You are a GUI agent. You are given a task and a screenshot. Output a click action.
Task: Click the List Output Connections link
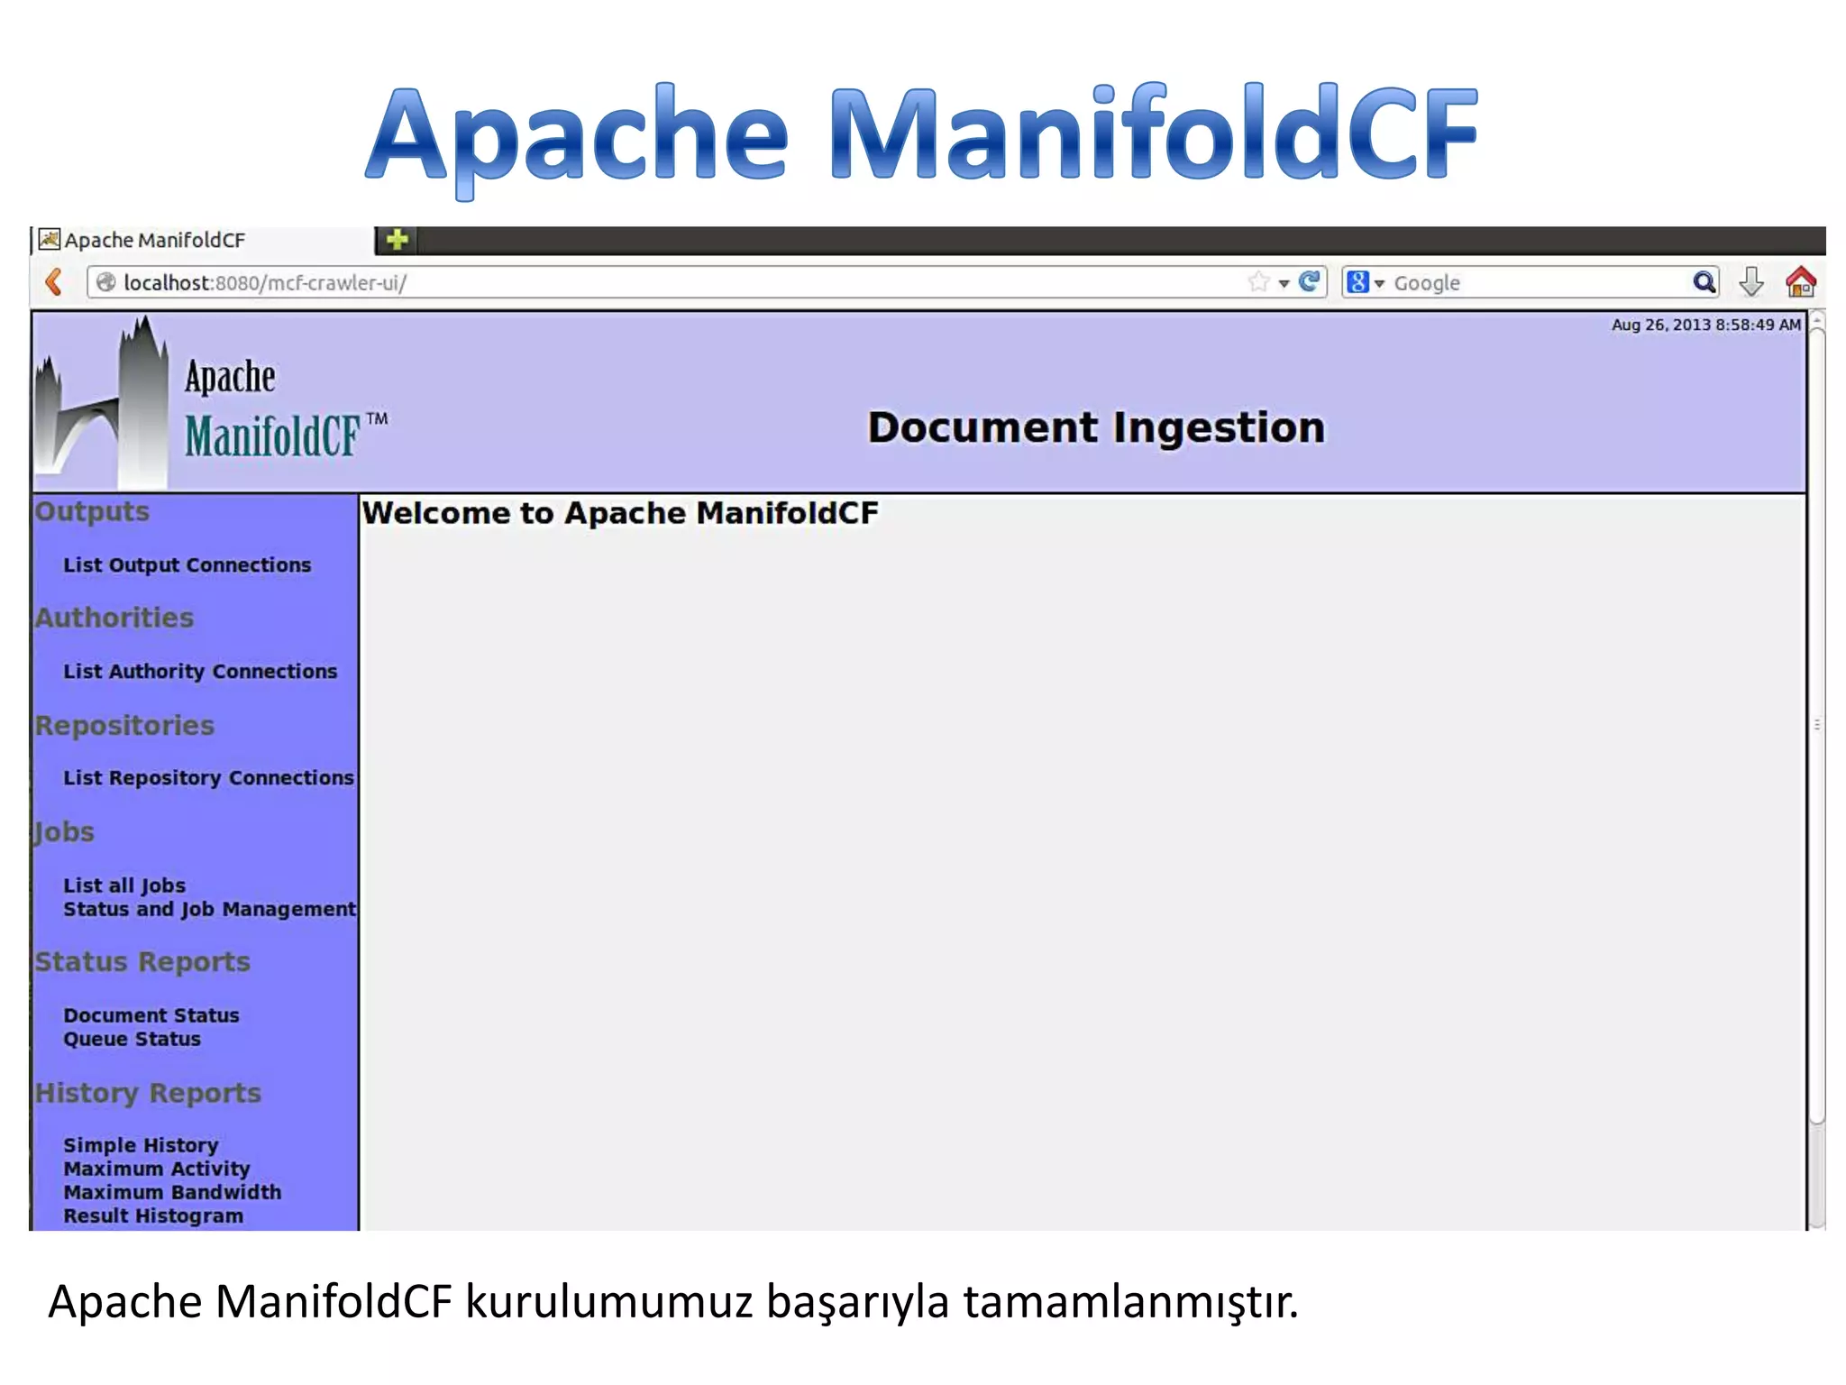point(187,565)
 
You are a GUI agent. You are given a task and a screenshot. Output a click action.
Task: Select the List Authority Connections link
point(199,672)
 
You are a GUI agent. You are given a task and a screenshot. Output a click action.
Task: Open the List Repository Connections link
point(208,778)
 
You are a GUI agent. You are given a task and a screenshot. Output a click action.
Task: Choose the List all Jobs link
point(124,885)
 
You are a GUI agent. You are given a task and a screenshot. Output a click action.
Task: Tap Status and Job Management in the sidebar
point(209,909)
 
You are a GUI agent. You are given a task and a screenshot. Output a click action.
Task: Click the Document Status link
point(151,1015)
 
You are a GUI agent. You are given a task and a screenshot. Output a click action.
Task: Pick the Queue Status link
point(132,1039)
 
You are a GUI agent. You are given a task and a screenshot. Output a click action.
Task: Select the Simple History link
point(141,1145)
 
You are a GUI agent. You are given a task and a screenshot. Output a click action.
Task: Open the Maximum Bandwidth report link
point(172,1192)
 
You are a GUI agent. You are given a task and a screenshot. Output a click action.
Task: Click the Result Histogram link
point(153,1215)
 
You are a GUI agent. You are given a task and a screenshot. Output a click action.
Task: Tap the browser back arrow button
point(54,282)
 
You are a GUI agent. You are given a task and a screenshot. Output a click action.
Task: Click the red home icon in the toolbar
point(1800,282)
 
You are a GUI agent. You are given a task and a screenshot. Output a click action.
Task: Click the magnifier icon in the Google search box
point(1704,282)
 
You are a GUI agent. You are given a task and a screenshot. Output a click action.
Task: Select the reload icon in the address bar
point(1310,282)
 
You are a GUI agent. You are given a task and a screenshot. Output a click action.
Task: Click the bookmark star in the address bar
point(1259,282)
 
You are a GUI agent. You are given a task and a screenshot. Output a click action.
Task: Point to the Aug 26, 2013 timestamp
point(1705,325)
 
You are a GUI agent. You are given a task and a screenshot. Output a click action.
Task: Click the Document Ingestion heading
point(1096,427)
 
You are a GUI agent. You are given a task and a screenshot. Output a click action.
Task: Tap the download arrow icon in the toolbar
point(1750,282)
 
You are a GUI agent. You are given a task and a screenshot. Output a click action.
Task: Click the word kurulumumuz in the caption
point(608,1301)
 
